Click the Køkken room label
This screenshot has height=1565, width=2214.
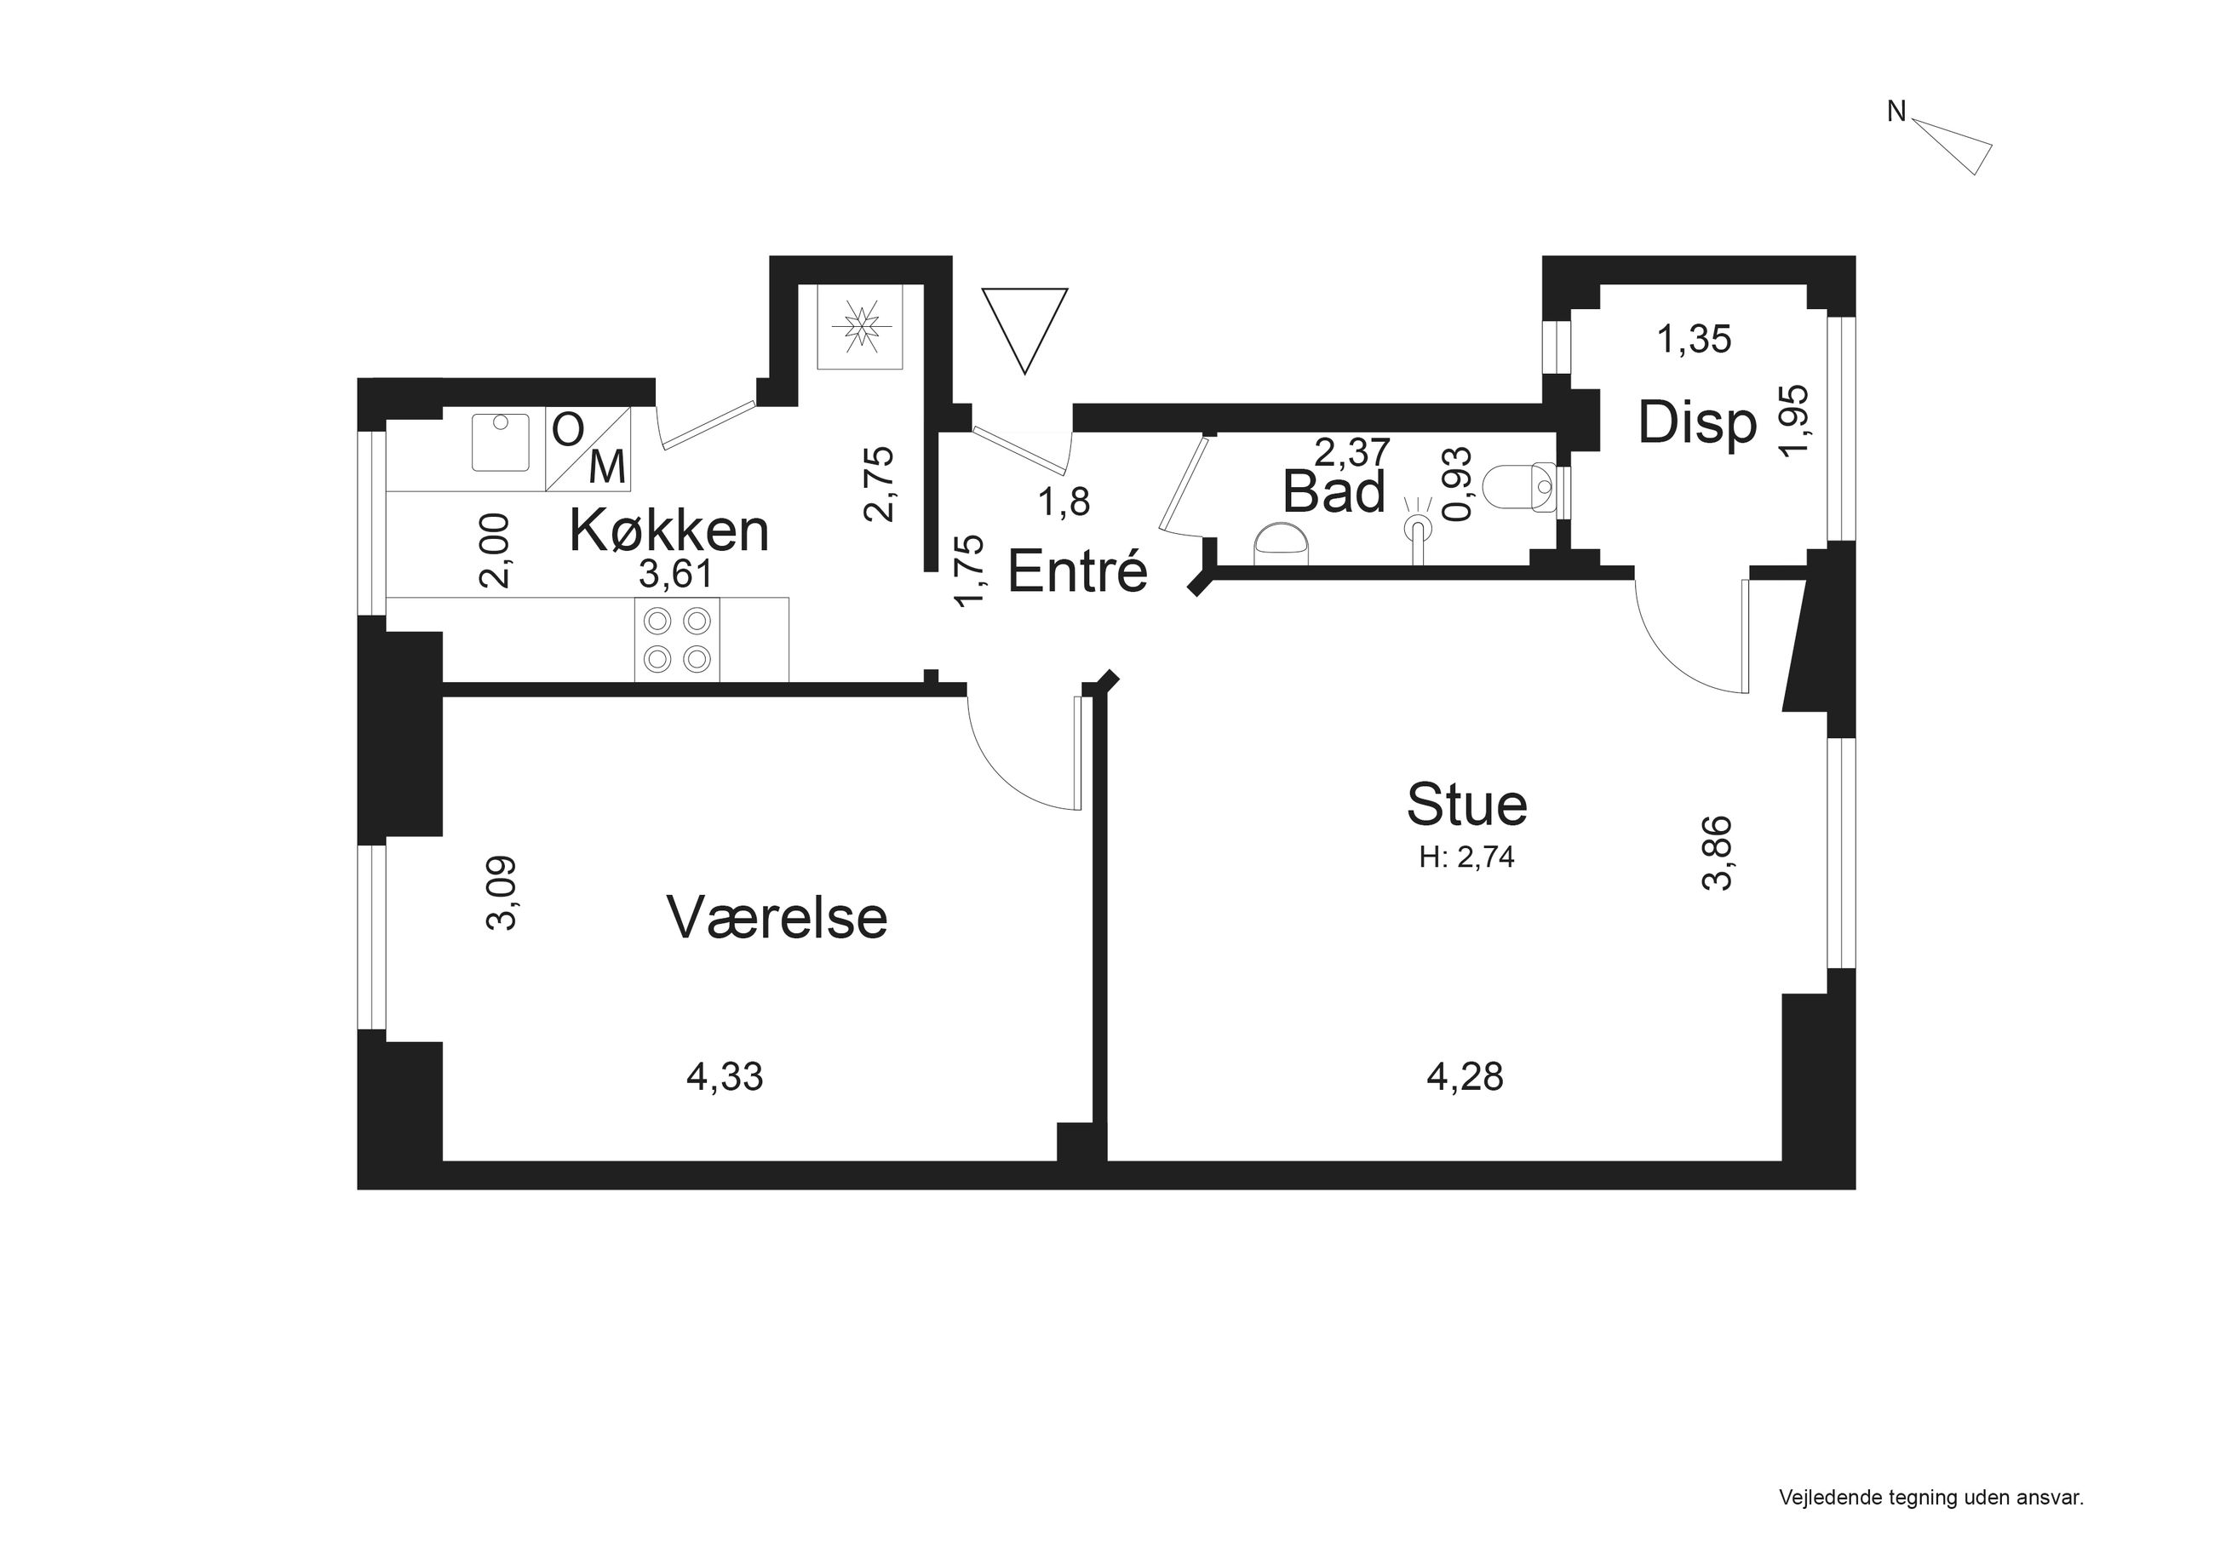tap(669, 530)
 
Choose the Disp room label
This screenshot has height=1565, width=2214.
tap(1697, 423)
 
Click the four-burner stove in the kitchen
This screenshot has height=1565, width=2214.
tap(677, 639)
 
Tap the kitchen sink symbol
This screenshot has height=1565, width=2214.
tap(501, 443)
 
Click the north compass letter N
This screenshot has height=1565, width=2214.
tap(1896, 112)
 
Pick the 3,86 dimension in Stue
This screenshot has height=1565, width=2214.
tap(1718, 853)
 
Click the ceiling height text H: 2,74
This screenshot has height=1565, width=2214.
tap(1466, 857)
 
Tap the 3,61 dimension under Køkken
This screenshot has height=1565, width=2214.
tap(675, 574)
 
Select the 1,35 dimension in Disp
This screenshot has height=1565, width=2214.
tap(1695, 340)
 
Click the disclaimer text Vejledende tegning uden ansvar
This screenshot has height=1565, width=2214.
tap(1931, 1498)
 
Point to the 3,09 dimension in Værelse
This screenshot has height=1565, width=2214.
tap(502, 893)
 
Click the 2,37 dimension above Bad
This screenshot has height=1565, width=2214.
tap(1353, 450)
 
